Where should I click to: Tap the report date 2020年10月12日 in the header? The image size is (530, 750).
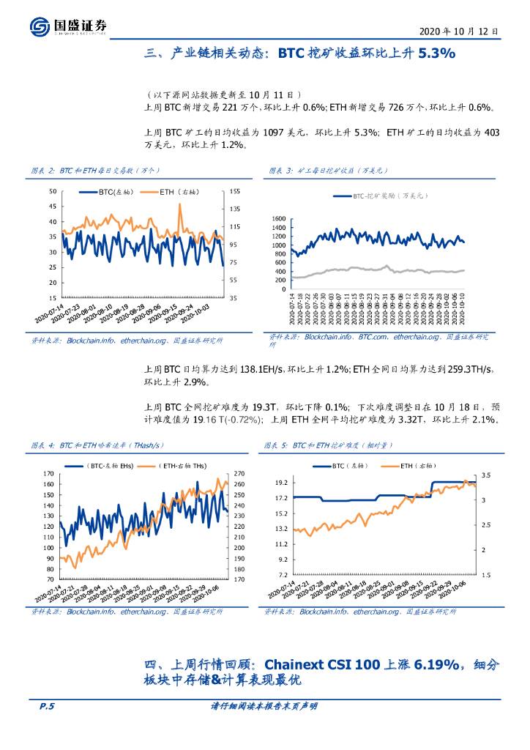460,32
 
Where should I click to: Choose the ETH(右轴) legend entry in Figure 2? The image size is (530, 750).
173,193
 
